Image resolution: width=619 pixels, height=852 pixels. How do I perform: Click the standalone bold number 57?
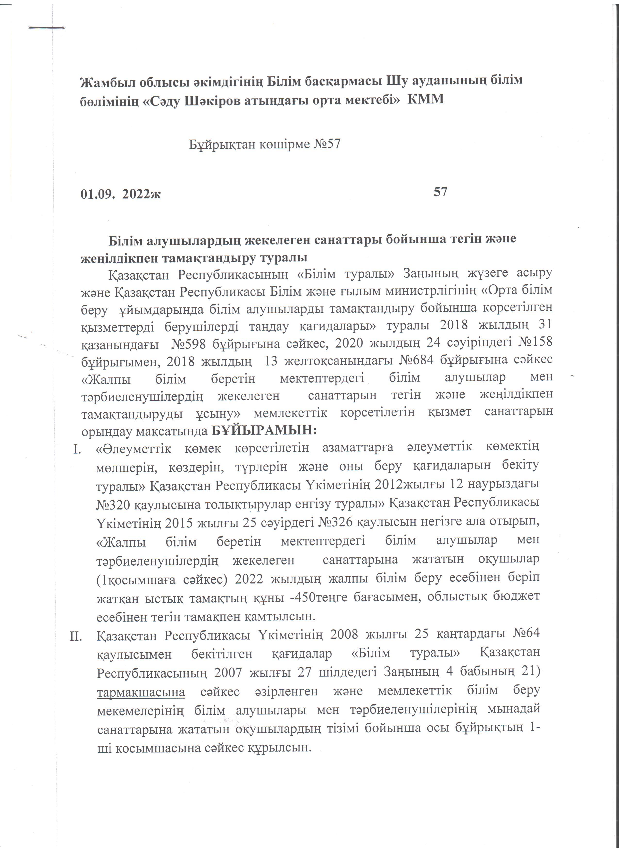pyautogui.click(x=440, y=192)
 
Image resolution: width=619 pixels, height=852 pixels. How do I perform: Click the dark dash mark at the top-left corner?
pyautogui.click(x=47, y=27)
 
